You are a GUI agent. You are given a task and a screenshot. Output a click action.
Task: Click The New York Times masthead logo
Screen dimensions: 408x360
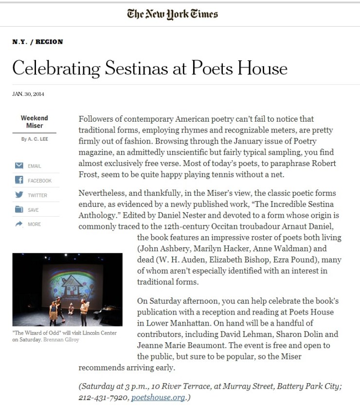point(172,14)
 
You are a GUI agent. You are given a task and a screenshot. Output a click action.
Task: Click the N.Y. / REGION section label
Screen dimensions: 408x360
point(37,42)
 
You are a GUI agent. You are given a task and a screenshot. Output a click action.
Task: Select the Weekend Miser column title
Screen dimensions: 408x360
point(35,122)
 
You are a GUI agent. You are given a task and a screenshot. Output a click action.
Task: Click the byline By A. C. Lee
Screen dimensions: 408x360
point(35,139)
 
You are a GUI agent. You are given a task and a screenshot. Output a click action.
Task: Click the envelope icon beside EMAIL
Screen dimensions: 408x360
point(19,166)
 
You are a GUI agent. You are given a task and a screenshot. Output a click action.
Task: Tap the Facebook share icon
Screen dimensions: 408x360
point(19,180)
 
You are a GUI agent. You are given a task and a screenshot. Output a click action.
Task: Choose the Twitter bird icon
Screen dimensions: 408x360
point(19,195)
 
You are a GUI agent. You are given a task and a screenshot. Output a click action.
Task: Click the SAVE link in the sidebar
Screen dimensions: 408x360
point(33,210)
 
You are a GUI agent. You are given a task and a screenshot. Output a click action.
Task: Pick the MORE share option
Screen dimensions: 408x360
point(34,224)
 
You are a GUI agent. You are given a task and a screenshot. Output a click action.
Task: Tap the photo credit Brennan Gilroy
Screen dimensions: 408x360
point(67,340)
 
